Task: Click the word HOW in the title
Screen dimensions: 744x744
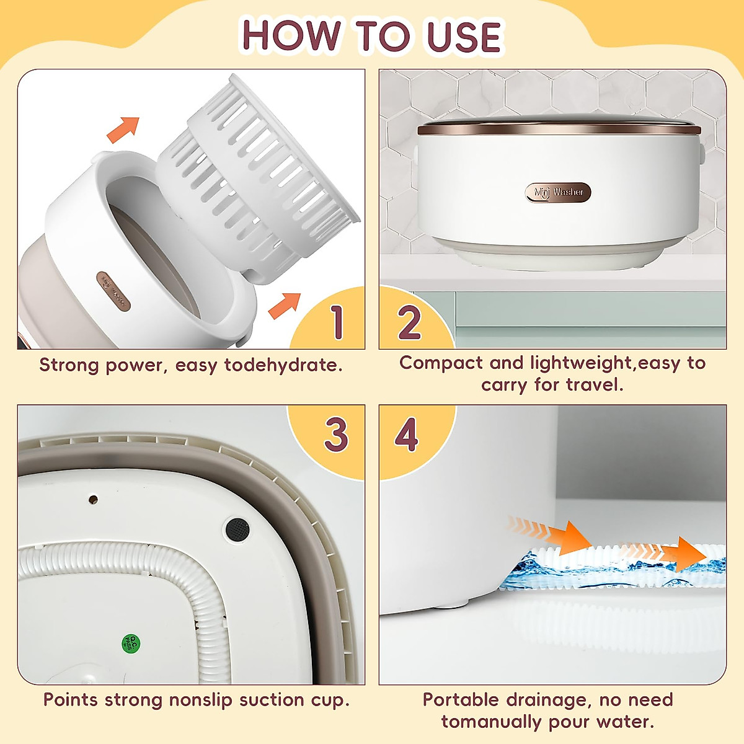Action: click(291, 36)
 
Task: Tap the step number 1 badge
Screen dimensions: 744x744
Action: click(337, 322)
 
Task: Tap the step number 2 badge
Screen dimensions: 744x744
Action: click(409, 322)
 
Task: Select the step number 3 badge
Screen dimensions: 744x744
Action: click(336, 435)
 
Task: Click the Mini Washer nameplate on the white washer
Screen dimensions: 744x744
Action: click(558, 193)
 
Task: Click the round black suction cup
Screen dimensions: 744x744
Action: click(237, 529)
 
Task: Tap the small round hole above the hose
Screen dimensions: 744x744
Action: click(93, 498)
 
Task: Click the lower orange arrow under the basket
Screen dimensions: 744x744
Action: click(284, 305)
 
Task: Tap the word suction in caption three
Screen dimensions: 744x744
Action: click(272, 700)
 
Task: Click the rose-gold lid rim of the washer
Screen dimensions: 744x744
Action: click(558, 130)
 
